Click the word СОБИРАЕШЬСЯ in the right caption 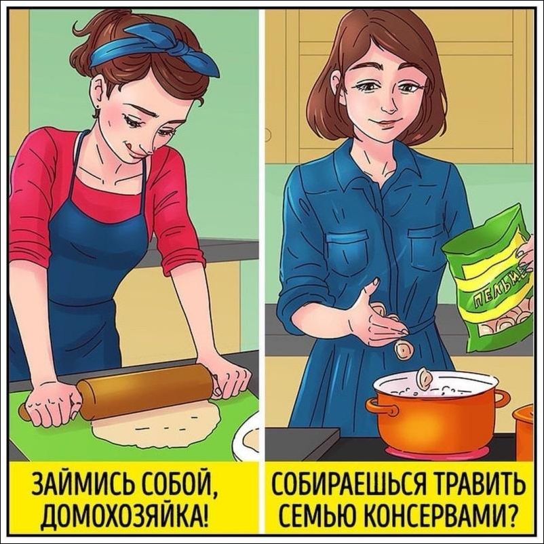pos(348,483)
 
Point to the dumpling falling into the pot pos(404,351)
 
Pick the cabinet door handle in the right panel pos(268,134)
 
